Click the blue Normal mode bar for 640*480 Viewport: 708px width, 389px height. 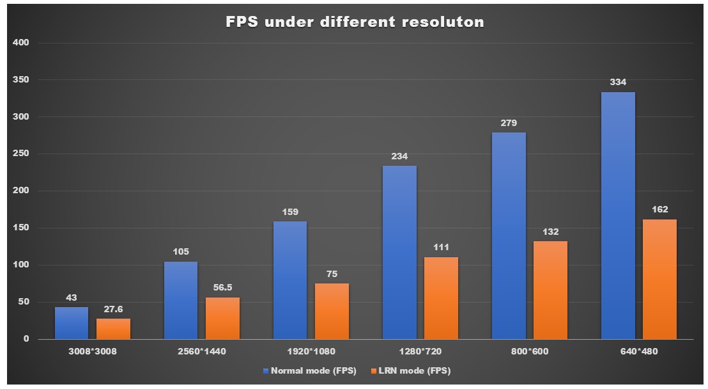point(618,216)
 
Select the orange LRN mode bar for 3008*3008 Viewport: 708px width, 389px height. point(113,329)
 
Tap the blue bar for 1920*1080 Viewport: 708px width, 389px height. point(289,280)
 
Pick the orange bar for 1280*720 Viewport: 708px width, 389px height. point(441,298)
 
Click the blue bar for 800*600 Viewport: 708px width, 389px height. point(509,235)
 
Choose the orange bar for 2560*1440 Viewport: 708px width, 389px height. point(222,318)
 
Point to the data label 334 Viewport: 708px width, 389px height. point(618,83)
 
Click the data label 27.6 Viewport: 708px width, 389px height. point(113,309)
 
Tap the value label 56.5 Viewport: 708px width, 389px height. point(222,288)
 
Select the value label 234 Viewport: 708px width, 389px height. point(399,156)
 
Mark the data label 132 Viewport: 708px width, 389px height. point(550,232)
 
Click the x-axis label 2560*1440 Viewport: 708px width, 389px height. point(201,351)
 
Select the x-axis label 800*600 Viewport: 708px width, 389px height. point(529,351)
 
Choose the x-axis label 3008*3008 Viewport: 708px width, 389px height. point(93,351)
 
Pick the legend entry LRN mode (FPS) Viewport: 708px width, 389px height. point(415,370)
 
